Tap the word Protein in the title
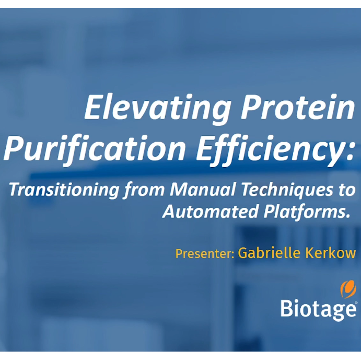(x=297, y=107)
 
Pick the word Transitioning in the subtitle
(x=64, y=190)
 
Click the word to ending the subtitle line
(x=346, y=190)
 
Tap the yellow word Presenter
(x=205, y=254)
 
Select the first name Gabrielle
(x=269, y=252)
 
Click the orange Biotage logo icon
(x=348, y=289)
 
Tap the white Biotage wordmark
(x=318, y=309)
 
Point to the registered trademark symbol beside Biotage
(x=356, y=304)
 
